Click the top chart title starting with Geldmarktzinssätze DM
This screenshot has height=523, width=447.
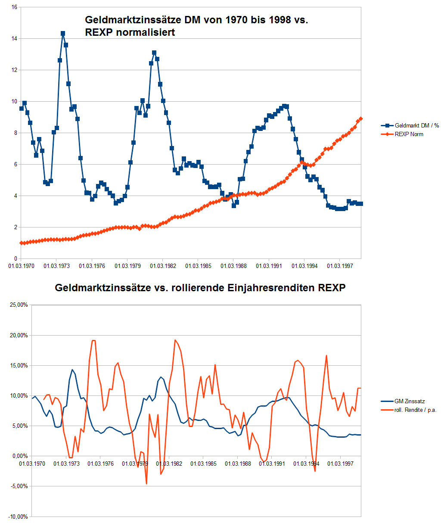coord(196,26)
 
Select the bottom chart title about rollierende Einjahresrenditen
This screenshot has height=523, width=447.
coord(200,288)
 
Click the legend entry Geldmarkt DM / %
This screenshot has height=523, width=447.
coord(413,125)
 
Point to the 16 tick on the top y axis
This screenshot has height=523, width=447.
coord(14,7)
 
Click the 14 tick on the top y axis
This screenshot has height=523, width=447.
coord(14,39)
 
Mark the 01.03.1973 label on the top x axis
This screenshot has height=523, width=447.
coord(56,266)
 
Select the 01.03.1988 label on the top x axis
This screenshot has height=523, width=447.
coord(233,266)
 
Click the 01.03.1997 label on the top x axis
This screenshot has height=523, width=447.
coord(339,266)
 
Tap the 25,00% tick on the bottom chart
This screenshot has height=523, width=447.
coord(19,305)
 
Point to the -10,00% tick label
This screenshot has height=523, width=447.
coord(18,517)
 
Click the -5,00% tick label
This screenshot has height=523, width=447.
coord(19,486)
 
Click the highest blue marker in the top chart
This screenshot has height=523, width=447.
coord(63,33)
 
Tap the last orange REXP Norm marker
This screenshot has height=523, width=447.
coord(361,118)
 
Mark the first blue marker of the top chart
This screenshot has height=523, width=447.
coord(22,109)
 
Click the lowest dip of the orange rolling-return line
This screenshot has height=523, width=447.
coord(146,484)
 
